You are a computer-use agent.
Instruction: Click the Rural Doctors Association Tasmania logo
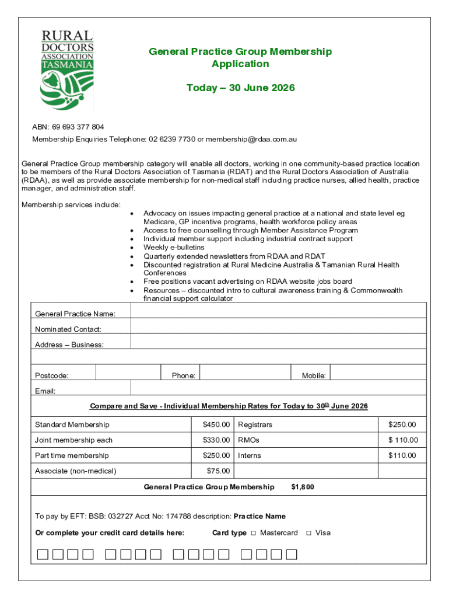coord(67,69)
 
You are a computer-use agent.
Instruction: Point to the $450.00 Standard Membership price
coord(216,425)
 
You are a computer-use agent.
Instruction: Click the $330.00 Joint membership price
coord(216,440)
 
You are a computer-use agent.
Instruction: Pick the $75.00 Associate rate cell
coord(218,471)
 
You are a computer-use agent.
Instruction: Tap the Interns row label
coord(250,456)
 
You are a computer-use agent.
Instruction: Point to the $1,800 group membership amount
coord(303,487)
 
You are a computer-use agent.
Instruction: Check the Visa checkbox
coord(308,533)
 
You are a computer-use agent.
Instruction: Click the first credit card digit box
coord(43,554)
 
